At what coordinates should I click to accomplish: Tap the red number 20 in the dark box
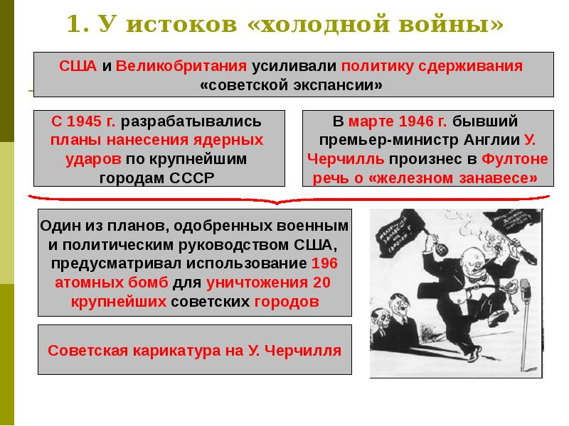322,283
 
